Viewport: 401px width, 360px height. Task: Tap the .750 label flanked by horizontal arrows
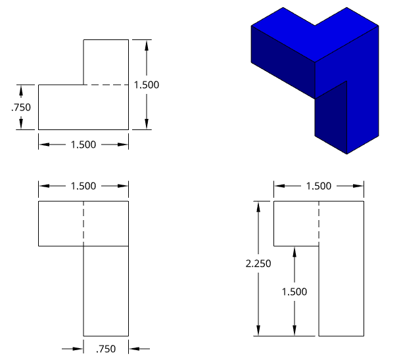[x=106, y=349]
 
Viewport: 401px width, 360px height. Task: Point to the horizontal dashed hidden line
[x=105, y=85]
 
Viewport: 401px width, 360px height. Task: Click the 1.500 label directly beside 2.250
[x=295, y=292]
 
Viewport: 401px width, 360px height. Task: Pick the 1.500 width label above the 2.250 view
[x=318, y=186]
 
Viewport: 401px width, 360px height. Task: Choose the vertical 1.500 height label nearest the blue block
[x=147, y=85]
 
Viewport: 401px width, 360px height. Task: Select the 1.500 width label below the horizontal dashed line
[x=83, y=144]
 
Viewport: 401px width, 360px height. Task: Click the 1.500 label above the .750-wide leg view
[x=83, y=186]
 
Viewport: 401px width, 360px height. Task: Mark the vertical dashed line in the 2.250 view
[x=319, y=223]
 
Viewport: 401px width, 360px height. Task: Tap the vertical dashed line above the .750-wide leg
[x=83, y=223]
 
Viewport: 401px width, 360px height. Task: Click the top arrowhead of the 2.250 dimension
[x=259, y=206]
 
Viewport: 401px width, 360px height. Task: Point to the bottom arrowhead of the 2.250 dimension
[x=259, y=332]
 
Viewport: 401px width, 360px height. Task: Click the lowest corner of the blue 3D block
[x=347, y=153]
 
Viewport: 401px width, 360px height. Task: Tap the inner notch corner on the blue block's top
[x=315, y=26]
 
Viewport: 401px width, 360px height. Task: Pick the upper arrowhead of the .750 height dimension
[x=21, y=89]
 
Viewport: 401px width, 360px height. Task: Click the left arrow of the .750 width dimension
[x=78, y=348]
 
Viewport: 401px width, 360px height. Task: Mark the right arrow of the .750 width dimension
[x=133, y=348]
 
